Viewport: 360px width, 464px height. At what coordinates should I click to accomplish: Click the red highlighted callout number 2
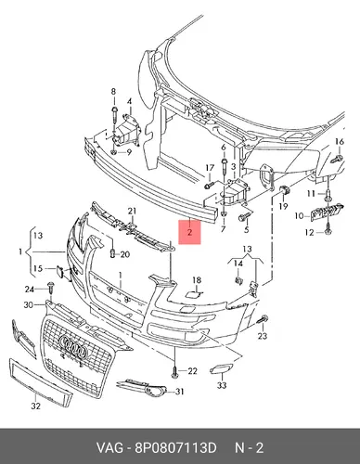(190, 232)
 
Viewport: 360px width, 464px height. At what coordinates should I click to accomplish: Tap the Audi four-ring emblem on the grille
(72, 345)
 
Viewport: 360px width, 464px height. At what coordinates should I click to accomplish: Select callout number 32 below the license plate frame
(35, 406)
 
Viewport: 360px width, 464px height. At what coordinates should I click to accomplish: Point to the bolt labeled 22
(174, 371)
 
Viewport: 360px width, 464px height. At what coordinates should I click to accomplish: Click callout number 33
(222, 385)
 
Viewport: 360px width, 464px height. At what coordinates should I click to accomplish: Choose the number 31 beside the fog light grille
(180, 392)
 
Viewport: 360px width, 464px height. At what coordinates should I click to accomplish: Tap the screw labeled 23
(263, 320)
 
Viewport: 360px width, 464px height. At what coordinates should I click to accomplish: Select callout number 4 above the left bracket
(130, 101)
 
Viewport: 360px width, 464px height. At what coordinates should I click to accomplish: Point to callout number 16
(340, 142)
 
